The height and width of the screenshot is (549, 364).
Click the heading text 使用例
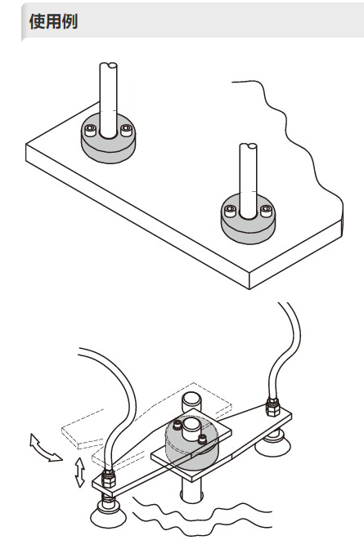click(53, 21)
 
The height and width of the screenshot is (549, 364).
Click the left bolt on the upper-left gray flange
click(91, 130)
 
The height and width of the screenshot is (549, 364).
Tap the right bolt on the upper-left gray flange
click(126, 130)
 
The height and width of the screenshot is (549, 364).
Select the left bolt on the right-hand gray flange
click(230, 211)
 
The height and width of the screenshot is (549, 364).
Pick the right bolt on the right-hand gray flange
click(266, 210)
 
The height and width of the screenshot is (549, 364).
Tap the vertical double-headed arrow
click(80, 472)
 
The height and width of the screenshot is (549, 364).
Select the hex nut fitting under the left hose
click(109, 479)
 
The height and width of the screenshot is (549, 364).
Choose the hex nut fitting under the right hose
click(273, 407)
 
